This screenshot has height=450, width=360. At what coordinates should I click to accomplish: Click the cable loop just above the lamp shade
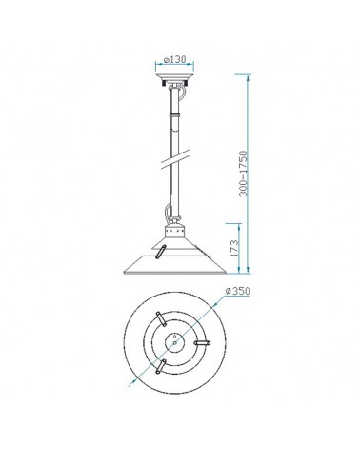pyautogui.click(x=168, y=215)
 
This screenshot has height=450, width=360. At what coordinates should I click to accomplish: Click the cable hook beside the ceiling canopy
pyautogui.click(x=185, y=87)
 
